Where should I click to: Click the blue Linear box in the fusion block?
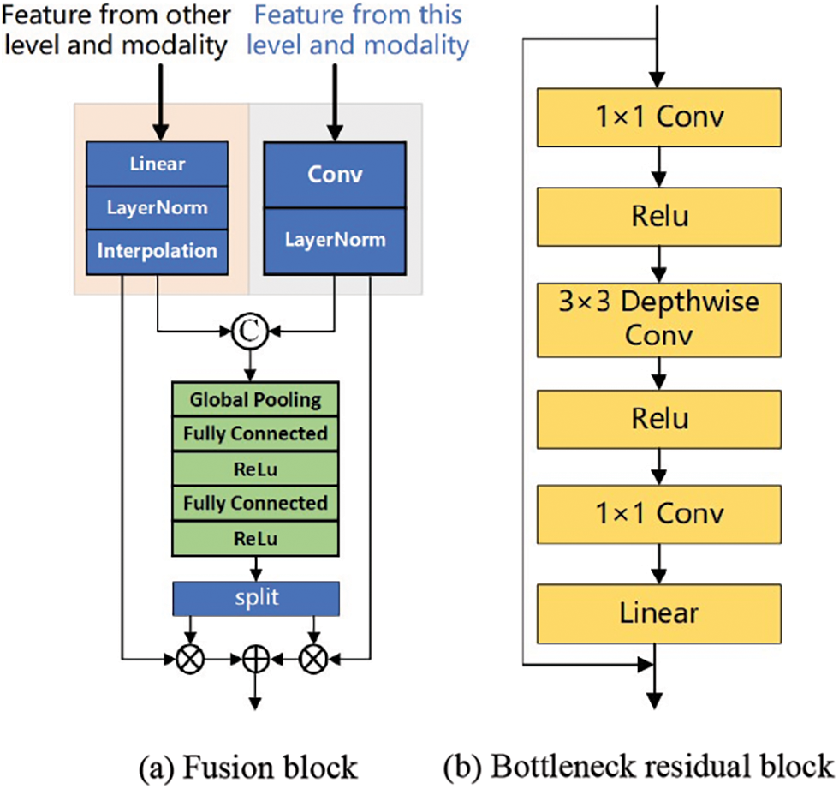tap(158, 164)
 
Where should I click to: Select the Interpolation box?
tap(158, 252)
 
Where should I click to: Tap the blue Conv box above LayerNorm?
tap(335, 175)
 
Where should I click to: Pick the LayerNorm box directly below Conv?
tap(335, 241)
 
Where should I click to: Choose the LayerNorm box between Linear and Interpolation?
tap(158, 207)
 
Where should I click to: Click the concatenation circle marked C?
tap(250, 332)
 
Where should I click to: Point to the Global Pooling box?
tap(255, 399)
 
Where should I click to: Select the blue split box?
tap(256, 599)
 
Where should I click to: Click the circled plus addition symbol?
tap(256, 659)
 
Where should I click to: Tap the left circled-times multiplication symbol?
tap(190, 659)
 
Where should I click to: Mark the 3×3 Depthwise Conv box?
tap(659, 320)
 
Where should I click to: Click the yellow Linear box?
tap(659, 614)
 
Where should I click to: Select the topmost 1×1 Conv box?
tap(659, 117)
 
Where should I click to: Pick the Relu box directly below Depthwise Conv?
tap(659, 419)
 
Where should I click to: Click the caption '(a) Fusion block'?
tap(248, 768)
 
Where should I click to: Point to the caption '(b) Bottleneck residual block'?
tap(639, 767)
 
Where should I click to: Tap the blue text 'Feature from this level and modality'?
tap(358, 30)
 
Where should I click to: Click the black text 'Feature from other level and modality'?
tap(116, 30)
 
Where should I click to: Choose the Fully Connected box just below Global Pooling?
tap(255, 434)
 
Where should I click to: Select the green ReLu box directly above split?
tap(255, 539)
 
